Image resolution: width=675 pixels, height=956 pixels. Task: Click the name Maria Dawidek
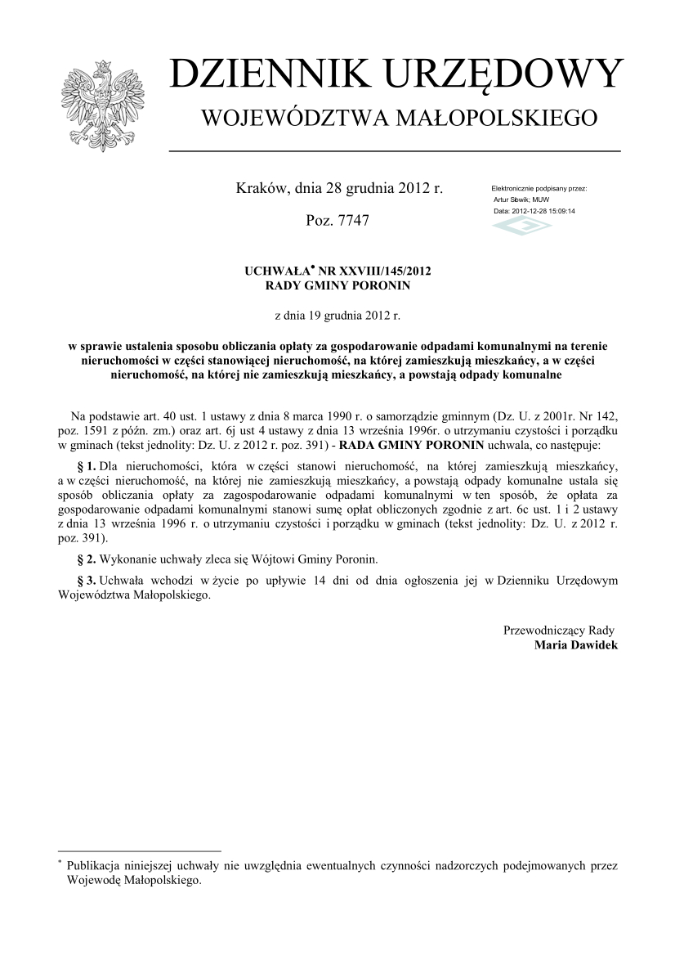click(576, 645)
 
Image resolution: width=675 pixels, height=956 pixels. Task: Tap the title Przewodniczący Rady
click(559, 630)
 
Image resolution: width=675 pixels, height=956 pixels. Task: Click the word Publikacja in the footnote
click(93, 865)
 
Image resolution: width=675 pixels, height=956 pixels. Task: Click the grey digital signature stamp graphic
click(521, 225)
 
